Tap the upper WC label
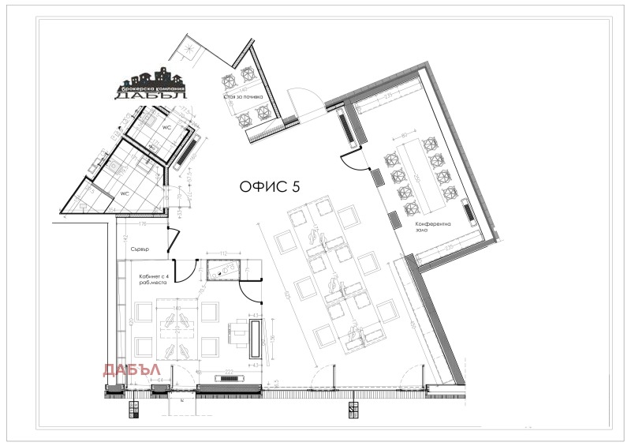click(167, 126)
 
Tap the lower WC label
click(125, 193)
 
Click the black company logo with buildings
click(151, 84)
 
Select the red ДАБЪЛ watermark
click(133, 369)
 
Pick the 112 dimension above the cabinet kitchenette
click(224, 254)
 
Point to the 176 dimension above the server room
click(144, 225)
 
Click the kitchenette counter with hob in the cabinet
click(225, 270)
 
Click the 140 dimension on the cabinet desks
click(178, 307)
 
